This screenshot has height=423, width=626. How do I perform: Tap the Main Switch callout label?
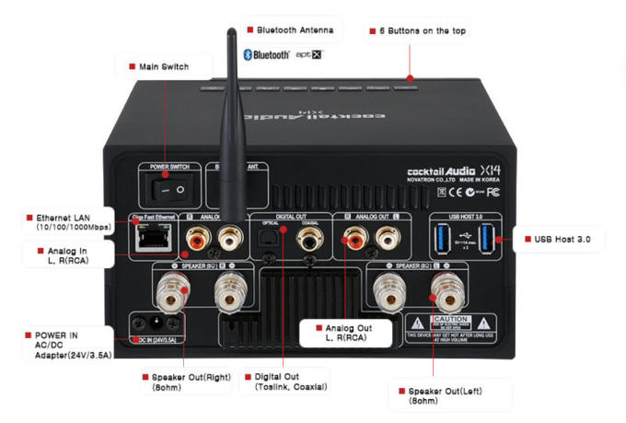pos(162,66)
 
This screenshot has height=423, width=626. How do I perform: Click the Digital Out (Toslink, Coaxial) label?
pos(284,382)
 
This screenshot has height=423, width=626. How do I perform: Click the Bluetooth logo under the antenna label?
pos(266,55)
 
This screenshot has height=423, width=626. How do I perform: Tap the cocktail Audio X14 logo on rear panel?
pos(452,170)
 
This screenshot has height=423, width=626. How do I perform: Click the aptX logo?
pos(309,55)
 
